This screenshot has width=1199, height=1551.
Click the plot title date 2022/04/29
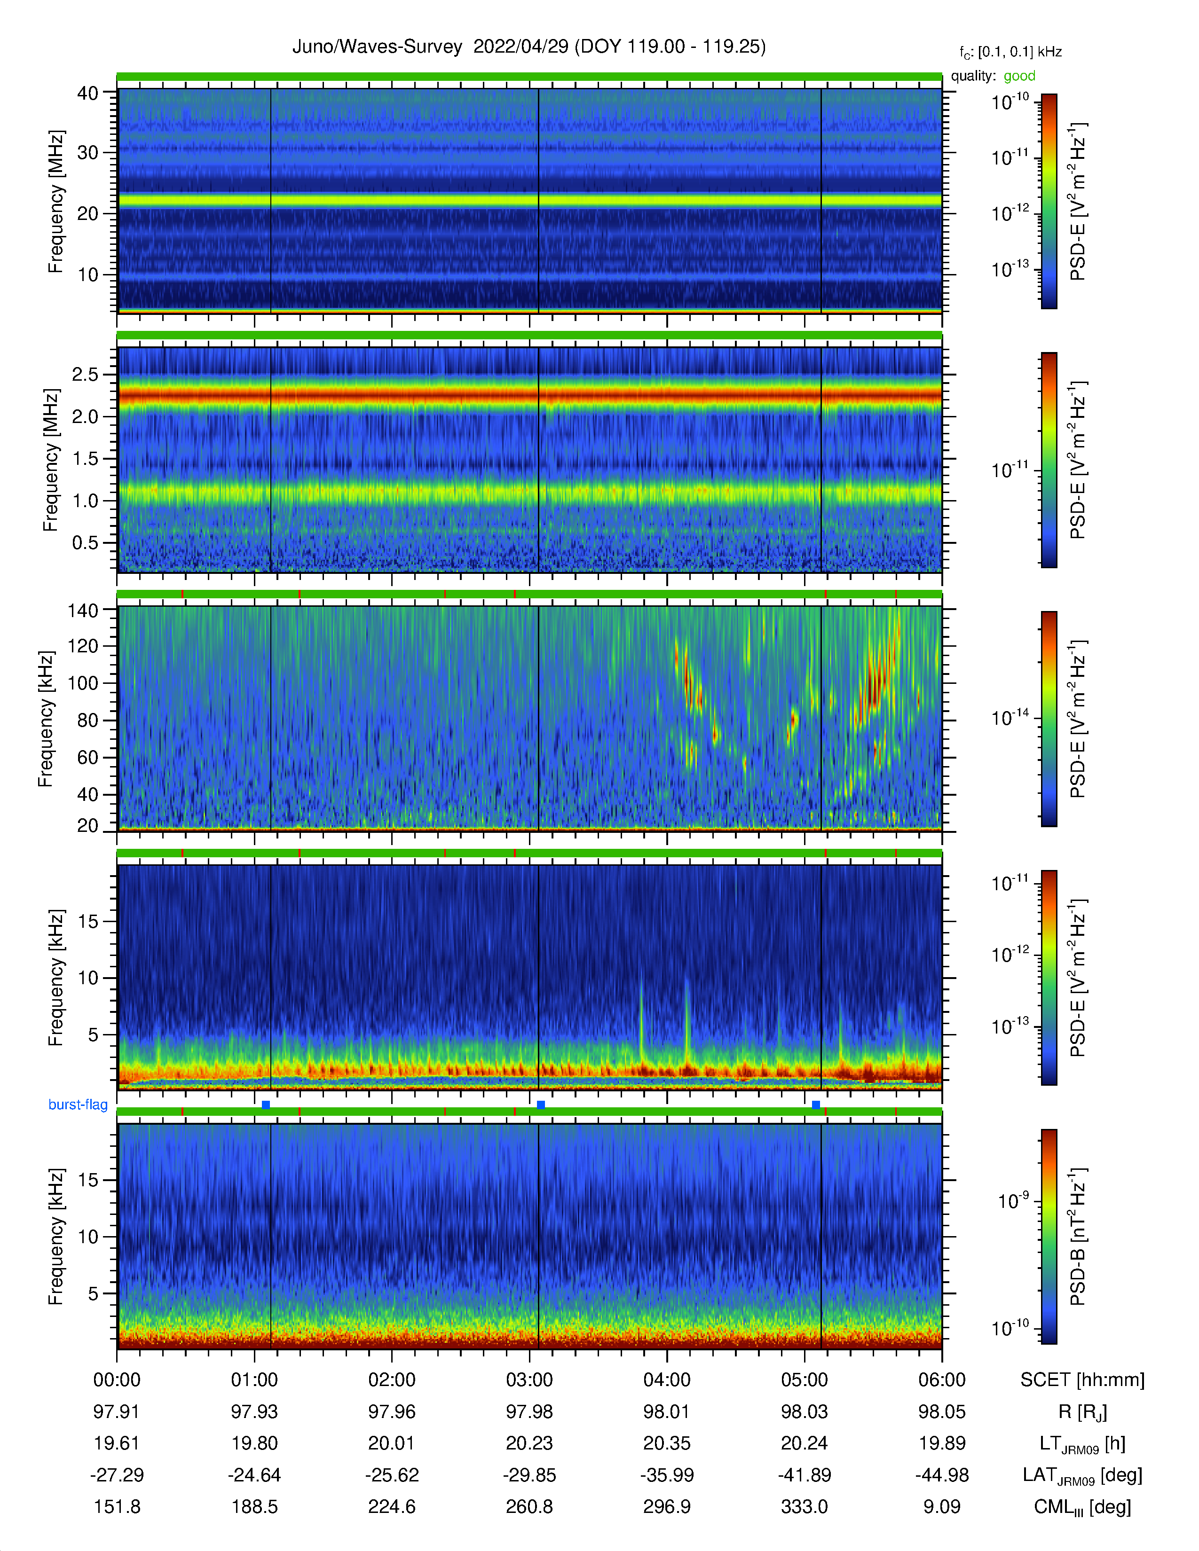[521, 47]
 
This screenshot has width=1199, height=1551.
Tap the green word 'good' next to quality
[1019, 76]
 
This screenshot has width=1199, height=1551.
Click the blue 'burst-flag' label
[78, 1104]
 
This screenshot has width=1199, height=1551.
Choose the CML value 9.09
[942, 1506]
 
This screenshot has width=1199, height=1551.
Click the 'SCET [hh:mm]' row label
[1082, 1380]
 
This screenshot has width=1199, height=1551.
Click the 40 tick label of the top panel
[87, 93]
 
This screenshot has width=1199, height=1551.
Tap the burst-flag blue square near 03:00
[541, 1104]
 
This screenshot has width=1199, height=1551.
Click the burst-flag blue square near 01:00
[266, 1104]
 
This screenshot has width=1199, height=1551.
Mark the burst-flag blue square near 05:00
[815, 1104]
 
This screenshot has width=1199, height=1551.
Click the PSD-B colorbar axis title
[1078, 1237]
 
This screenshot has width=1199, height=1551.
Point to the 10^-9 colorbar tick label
[1013, 1200]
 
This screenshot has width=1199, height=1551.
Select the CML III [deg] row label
[1082, 1507]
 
